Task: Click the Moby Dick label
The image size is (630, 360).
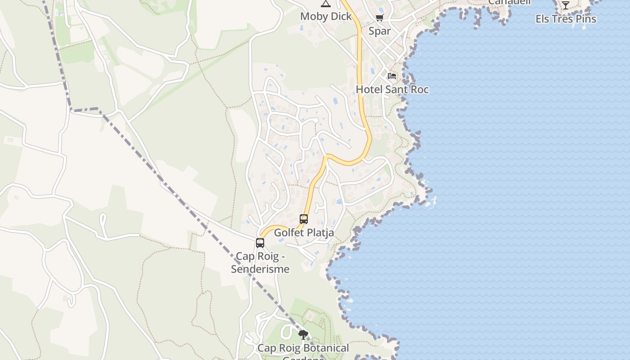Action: coord(326,17)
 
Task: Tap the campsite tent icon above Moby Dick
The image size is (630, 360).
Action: coord(326,4)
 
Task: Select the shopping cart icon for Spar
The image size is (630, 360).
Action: coord(379,18)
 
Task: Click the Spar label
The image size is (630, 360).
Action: coord(379,31)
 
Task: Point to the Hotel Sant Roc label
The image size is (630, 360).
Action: coord(392,90)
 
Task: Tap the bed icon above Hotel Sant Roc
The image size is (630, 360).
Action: coord(392,76)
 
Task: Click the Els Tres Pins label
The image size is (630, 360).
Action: coord(566,19)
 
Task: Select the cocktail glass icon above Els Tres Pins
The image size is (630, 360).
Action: coord(566,5)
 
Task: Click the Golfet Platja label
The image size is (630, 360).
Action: coord(304,233)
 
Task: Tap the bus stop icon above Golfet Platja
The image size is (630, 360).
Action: coord(304,219)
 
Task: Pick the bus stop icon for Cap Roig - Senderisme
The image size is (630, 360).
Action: coord(260,243)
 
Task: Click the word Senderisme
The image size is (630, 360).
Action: coord(260,269)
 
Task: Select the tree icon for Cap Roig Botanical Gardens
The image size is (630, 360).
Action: coord(303,335)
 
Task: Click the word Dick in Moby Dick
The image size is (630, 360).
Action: coord(341,17)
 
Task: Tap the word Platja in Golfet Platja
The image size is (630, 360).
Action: coord(319,233)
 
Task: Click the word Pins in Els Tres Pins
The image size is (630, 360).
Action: coord(585,19)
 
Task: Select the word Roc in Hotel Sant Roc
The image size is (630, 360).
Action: coord(419,90)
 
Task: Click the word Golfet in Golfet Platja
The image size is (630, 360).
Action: coord(288,233)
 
